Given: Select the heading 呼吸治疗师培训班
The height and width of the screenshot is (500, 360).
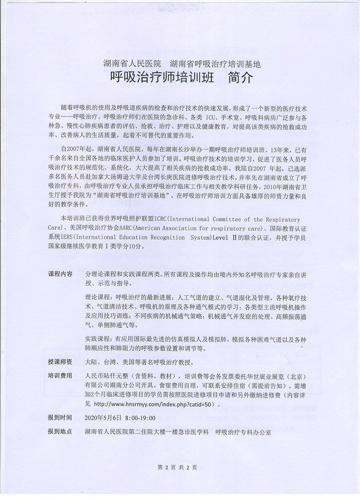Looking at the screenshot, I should [x=156, y=77].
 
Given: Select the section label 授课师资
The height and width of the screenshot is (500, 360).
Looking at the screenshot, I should [x=60, y=362].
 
